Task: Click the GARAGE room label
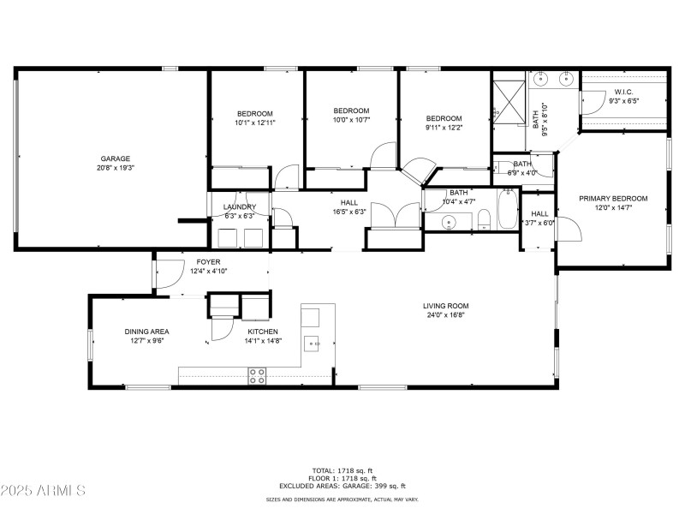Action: (116, 158)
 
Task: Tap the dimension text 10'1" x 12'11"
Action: (255, 123)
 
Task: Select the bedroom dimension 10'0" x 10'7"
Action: (351, 119)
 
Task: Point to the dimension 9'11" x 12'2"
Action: (444, 128)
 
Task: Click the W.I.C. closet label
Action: (622, 92)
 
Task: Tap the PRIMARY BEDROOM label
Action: (613, 198)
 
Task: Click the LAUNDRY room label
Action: (240, 206)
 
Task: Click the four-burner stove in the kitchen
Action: (257, 375)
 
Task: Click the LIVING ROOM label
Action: (446, 306)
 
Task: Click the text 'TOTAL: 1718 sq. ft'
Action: (342, 470)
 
